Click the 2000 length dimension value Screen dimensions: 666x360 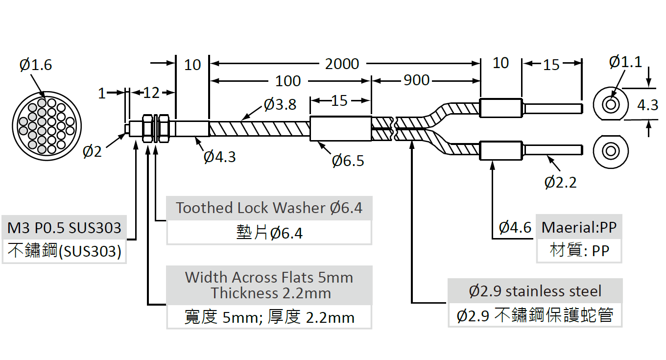[x=342, y=64]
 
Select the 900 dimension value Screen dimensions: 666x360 [x=417, y=80]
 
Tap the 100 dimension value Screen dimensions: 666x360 [x=288, y=81]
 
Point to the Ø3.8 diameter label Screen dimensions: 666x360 [x=280, y=104]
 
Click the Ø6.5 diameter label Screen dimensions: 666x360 [x=348, y=161]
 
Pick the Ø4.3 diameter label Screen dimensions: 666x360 [x=220, y=157]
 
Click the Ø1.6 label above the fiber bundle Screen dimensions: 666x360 [x=36, y=65]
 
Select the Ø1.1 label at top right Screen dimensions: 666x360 [x=625, y=62]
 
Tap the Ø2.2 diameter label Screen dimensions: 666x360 [x=560, y=182]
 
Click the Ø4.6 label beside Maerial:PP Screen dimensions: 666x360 [x=515, y=227]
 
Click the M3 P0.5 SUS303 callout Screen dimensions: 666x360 [x=64, y=228]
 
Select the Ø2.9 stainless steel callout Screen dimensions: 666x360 [x=535, y=291]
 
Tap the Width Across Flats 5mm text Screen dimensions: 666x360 [x=269, y=277]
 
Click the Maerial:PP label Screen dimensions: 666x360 [x=579, y=227]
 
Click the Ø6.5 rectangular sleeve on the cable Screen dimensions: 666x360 [x=340, y=129]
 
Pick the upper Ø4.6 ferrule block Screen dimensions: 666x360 [x=501, y=108]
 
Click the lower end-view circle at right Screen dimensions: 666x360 [x=611, y=151]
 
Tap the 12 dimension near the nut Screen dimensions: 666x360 [x=152, y=93]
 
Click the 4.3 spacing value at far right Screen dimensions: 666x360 [x=647, y=105]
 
